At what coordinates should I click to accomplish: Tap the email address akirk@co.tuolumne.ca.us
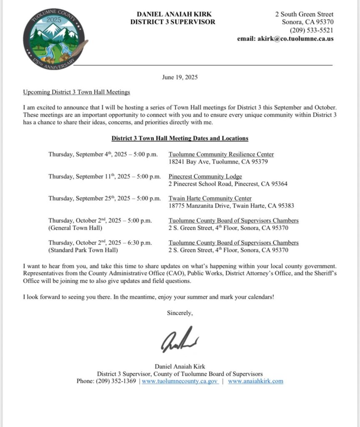point(285,39)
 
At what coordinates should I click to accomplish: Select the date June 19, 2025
point(180,77)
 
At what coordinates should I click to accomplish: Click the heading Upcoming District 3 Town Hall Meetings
point(77,92)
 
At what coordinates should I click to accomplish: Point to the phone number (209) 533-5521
point(312,30)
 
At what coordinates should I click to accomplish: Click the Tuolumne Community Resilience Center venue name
point(221,154)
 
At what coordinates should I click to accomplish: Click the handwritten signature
point(180,340)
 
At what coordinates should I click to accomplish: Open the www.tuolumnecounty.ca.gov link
point(180,381)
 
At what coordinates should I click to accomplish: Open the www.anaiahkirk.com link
point(255,381)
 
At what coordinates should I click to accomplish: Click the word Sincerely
point(180,312)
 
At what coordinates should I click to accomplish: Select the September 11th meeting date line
point(104,176)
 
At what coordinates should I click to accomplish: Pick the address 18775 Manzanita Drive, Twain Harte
point(228,206)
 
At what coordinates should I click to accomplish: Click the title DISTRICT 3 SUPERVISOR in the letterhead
point(172,22)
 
